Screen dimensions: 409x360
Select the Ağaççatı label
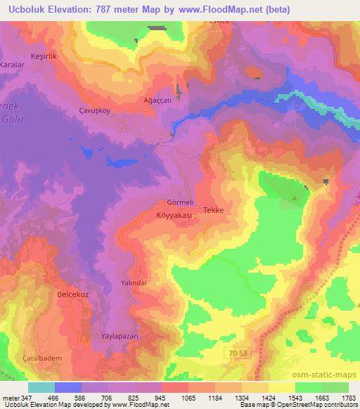(157, 100)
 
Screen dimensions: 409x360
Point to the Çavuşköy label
(96, 111)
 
